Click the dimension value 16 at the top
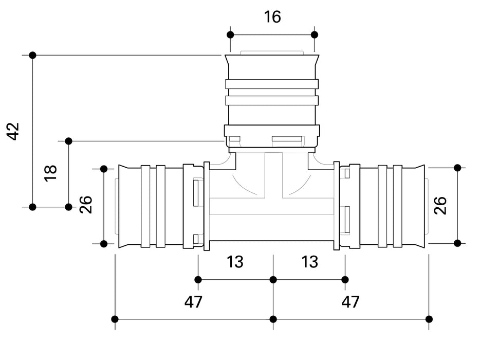tap(272, 17)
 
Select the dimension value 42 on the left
tap(14, 131)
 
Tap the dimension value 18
tap(50, 172)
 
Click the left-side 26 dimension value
tap(86, 205)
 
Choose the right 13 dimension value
tap(309, 262)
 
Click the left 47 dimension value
tap(193, 302)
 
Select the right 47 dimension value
tap(350, 302)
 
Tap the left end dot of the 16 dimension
tap(230, 35)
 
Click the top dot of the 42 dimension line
tap(32, 55)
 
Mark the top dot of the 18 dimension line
tap(68, 141)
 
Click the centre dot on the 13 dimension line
tap(273, 280)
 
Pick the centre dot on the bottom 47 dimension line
tap(273, 319)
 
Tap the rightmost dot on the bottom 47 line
tap(429, 319)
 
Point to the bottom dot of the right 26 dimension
tap(457, 243)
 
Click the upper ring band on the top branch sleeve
tap(272, 84)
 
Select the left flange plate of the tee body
tap(207, 206)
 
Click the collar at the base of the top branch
tap(272, 136)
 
